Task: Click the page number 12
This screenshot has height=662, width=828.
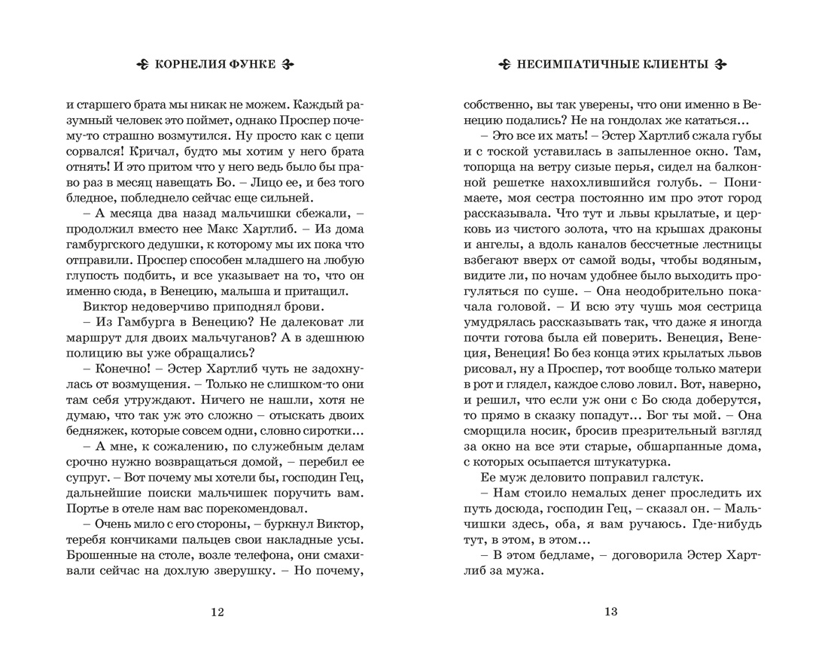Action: pos(217,612)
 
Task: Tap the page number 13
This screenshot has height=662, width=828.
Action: pos(610,612)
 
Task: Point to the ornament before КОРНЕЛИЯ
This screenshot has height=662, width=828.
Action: pos(143,65)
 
